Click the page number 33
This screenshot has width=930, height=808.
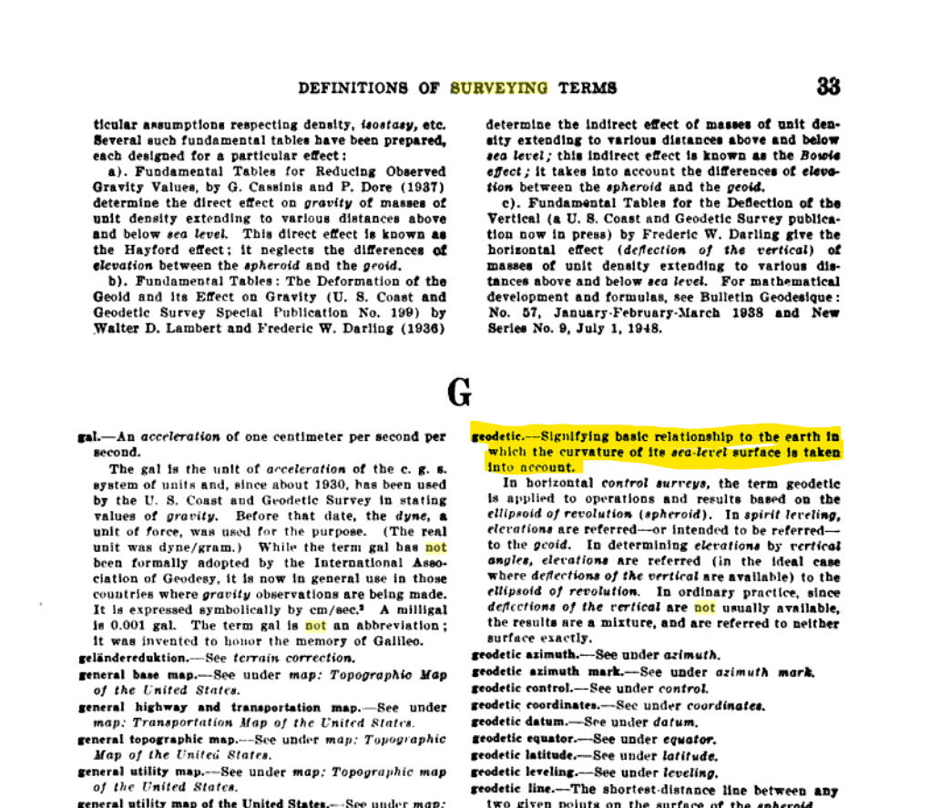point(828,87)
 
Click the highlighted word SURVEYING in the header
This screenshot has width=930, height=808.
point(499,88)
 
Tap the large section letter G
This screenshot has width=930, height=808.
point(461,393)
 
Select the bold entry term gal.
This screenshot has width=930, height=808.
point(87,436)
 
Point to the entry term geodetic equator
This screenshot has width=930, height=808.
point(517,739)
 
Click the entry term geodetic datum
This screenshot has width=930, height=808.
point(514,721)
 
